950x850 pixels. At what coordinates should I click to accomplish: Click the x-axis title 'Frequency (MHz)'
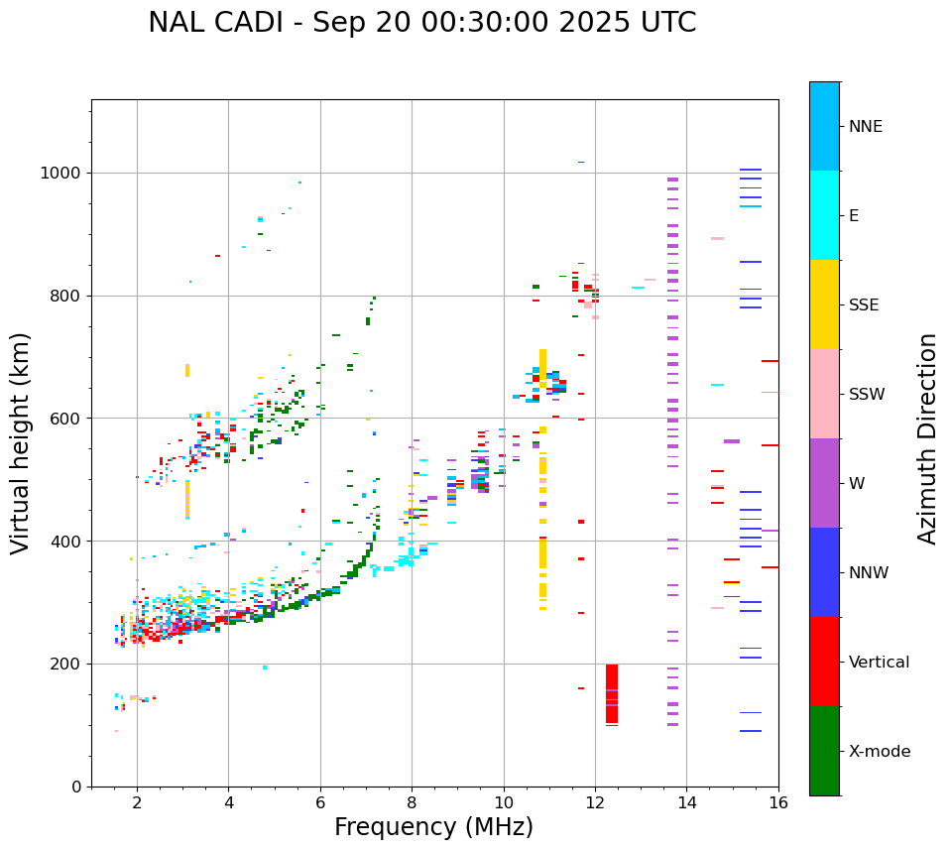(x=433, y=827)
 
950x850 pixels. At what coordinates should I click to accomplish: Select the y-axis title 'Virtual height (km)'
(x=21, y=443)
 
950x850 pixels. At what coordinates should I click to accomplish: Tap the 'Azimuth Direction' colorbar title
(x=927, y=438)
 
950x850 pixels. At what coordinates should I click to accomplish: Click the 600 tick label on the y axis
(x=68, y=419)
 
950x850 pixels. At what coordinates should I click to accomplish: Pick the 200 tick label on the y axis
(x=68, y=664)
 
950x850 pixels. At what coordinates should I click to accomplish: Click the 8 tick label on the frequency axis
(x=412, y=802)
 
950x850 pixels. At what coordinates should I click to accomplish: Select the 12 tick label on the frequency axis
(x=595, y=802)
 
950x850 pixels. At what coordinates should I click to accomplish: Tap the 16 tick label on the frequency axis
(x=778, y=802)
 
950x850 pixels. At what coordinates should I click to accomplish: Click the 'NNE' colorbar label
(x=865, y=127)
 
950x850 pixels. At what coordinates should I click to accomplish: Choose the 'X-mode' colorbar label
(x=879, y=752)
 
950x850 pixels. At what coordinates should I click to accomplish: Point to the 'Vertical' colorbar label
(x=879, y=663)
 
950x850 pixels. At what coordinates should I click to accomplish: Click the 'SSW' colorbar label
(x=867, y=395)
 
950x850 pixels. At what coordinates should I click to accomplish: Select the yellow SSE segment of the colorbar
(x=824, y=304)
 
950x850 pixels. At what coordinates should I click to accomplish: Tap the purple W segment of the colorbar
(x=824, y=483)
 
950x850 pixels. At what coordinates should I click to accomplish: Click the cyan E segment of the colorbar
(x=824, y=215)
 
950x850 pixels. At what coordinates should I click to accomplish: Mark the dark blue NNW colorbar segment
(x=824, y=572)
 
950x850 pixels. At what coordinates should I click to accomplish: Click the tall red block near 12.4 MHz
(x=612, y=694)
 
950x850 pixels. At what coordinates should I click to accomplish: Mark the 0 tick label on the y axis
(x=77, y=787)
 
